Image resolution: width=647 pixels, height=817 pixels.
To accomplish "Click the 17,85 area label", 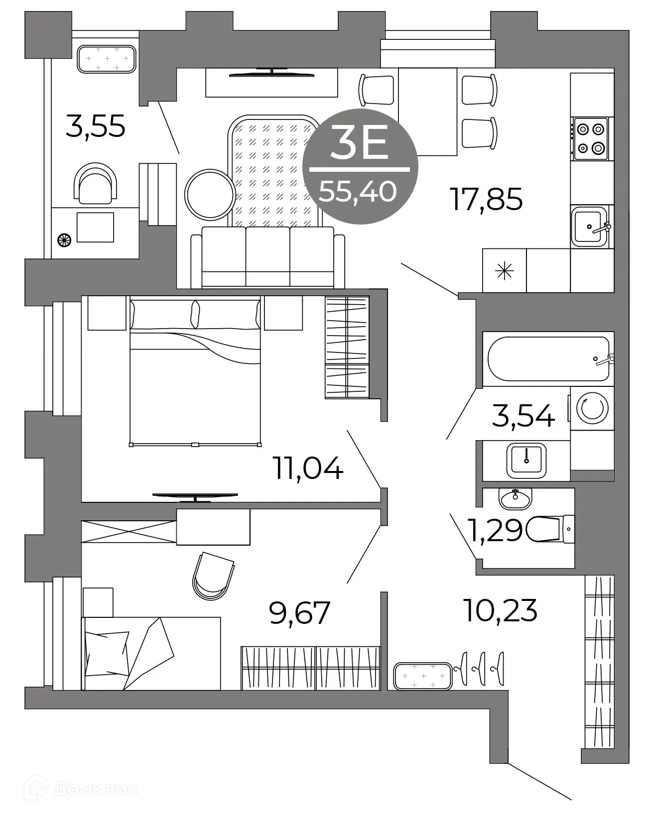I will click(486, 199).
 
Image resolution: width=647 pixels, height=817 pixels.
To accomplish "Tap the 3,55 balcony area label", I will click(95, 127).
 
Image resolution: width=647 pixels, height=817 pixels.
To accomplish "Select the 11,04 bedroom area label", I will click(308, 469).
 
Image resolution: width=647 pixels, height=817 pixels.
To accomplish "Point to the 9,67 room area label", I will click(299, 613).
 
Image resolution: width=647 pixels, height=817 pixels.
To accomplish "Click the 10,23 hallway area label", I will click(500, 610).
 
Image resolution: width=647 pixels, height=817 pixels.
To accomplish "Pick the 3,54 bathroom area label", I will click(523, 416).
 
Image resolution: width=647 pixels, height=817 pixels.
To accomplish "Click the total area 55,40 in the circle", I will click(358, 191).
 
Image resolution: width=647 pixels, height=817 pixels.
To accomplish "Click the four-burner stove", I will click(591, 138).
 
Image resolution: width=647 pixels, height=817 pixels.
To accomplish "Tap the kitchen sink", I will click(590, 227).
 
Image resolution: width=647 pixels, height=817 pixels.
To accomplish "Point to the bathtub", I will click(548, 358).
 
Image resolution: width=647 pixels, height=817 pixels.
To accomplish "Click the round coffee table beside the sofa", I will click(210, 194).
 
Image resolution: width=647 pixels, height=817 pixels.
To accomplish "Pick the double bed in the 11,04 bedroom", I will click(195, 371).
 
